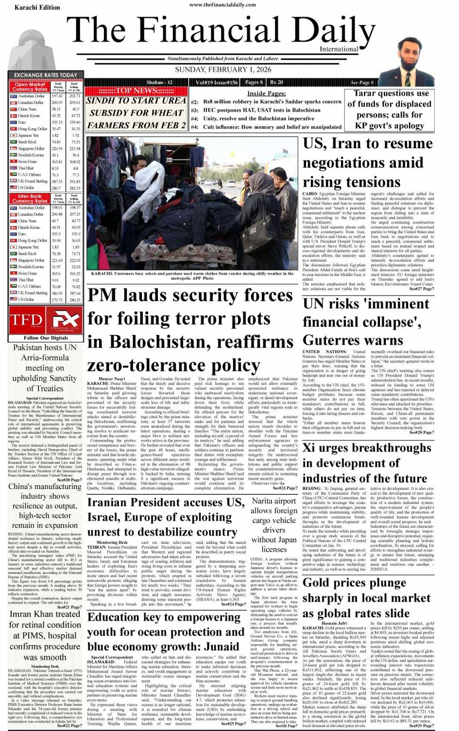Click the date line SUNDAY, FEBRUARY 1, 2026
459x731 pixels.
(x=223, y=70)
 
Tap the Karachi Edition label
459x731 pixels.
(x=37, y=7)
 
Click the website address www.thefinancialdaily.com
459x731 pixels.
(x=222, y=5)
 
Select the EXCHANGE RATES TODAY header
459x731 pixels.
(x=45, y=75)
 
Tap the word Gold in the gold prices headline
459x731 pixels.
(x=319, y=583)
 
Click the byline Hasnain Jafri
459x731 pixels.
(x=334, y=623)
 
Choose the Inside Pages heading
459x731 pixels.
(x=266, y=93)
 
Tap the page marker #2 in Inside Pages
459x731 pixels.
(x=194, y=103)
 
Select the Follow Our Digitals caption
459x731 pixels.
(x=46, y=338)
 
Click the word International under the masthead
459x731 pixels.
(x=339, y=49)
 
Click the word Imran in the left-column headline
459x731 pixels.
(x=24, y=614)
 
